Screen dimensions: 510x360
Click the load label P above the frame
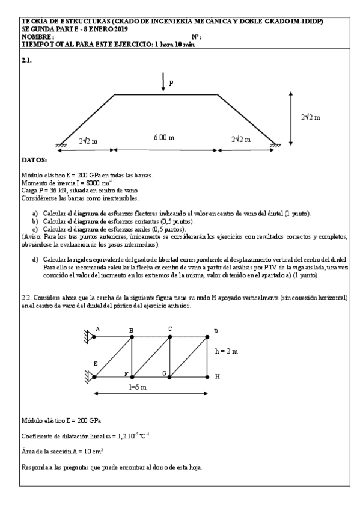[x=171, y=84]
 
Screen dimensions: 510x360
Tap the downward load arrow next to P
[x=163, y=82]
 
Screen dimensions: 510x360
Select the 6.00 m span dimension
[x=163, y=138]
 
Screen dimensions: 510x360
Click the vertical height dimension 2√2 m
[x=311, y=117]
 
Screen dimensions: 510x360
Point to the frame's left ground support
[x=61, y=146]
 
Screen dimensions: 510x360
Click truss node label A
[x=98, y=330]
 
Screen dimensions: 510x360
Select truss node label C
[x=170, y=328]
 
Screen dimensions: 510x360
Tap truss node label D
[x=216, y=331]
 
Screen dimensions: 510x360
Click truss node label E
[x=95, y=364]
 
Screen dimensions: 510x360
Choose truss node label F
[x=126, y=374]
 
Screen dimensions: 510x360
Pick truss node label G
[x=163, y=373]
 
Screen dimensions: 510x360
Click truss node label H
[x=217, y=377]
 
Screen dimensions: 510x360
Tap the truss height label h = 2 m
[x=227, y=350]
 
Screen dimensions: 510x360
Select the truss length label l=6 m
[x=138, y=387]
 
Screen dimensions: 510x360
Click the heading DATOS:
[x=34, y=161]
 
